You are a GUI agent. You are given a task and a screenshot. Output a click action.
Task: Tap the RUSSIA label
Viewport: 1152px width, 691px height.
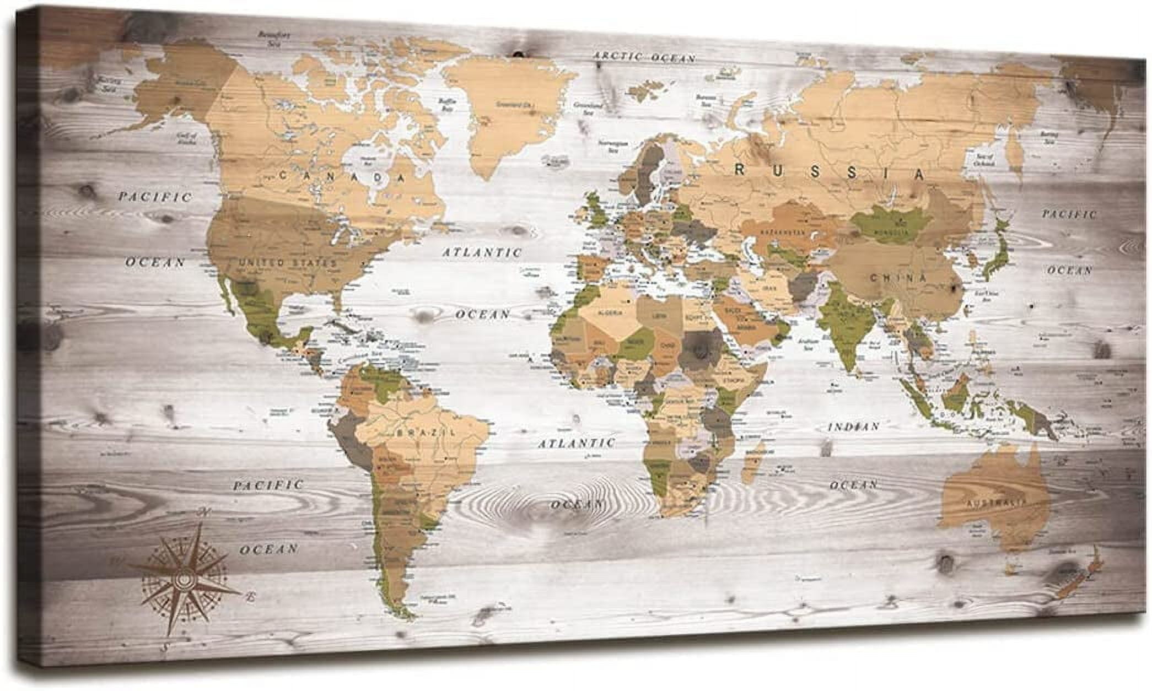click(x=830, y=172)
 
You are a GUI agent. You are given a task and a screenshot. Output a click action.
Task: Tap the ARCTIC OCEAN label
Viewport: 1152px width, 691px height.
click(x=644, y=56)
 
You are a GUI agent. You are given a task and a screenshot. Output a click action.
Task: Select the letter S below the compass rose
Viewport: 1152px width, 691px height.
click(x=164, y=648)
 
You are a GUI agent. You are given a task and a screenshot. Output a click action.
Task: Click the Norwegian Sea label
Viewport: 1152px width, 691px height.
click(x=613, y=145)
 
